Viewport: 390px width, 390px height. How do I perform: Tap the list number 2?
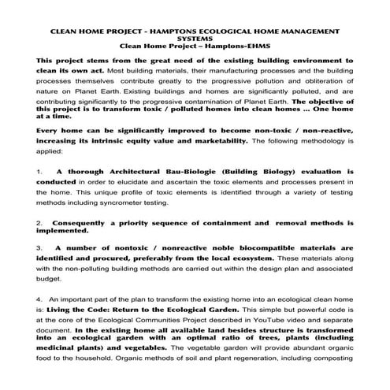tap(39, 223)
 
